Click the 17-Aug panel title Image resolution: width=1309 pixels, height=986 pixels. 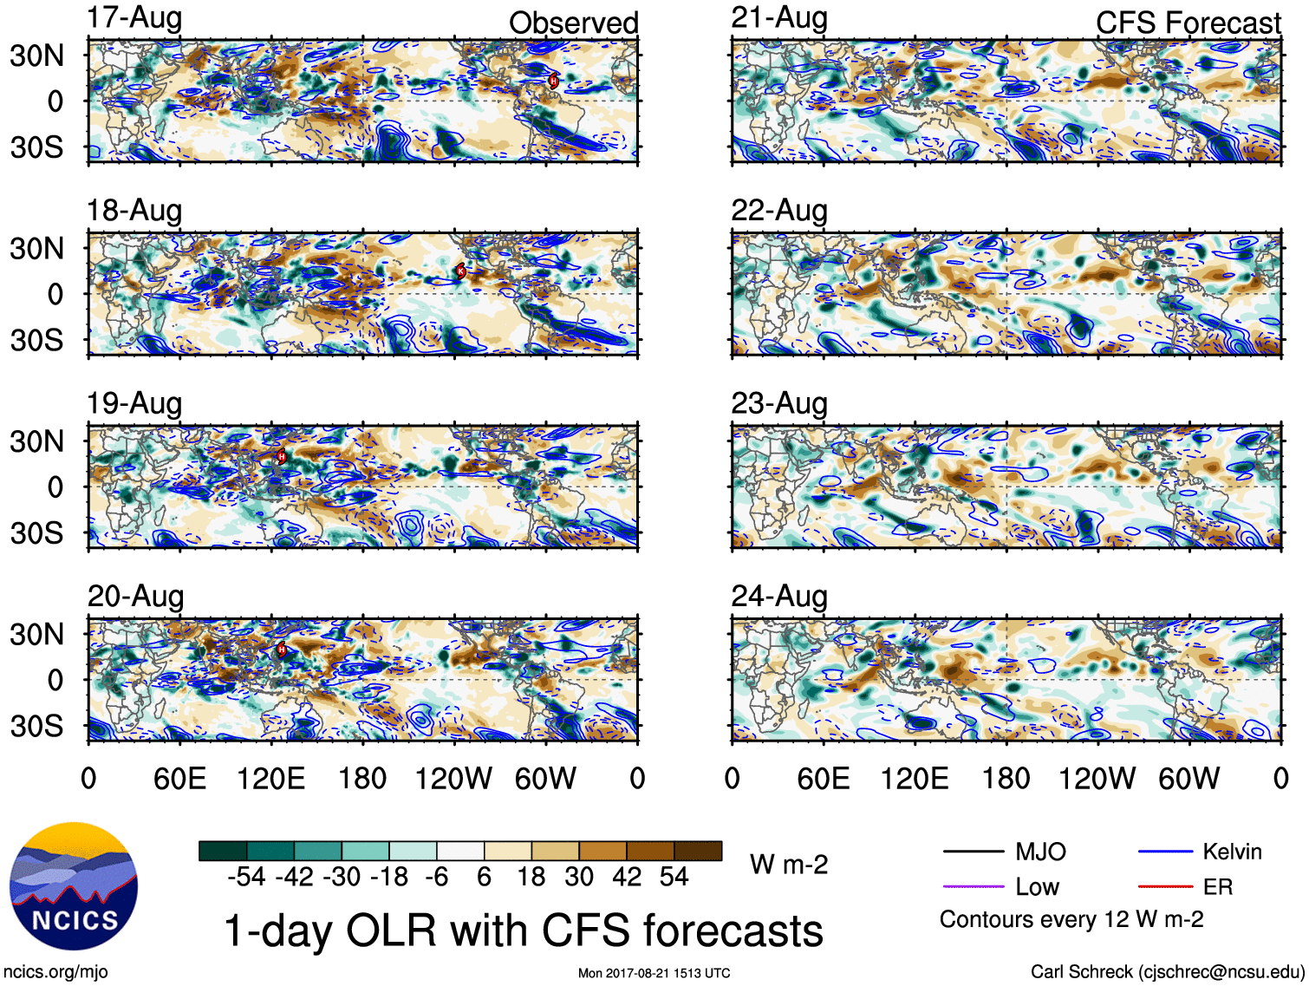tap(134, 18)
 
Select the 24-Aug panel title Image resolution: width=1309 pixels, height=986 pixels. tap(779, 597)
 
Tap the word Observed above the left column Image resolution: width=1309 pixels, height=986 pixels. tap(573, 23)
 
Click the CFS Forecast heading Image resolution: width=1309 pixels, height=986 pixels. tap(1188, 23)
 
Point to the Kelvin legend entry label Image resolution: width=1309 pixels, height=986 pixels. tap(1232, 852)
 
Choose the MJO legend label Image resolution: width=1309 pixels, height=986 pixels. tap(1040, 852)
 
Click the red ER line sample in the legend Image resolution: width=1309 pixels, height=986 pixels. tap(1165, 886)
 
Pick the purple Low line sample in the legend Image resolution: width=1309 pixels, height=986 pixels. tap(973, 886)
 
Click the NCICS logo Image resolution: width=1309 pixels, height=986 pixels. tap(74, 886)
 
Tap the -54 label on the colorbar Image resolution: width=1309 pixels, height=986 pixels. tap(246, 877)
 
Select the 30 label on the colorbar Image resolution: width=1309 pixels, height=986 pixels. tap(579, 877)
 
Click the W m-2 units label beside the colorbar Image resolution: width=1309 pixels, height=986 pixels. tap(789, 865)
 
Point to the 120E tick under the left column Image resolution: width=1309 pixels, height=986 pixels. tap(270, 779)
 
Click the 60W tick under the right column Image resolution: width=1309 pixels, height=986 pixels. tap(1189, 779)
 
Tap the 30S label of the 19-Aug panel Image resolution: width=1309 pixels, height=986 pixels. tap(36, 532)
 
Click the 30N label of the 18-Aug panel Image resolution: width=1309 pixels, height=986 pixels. tap(36, 249)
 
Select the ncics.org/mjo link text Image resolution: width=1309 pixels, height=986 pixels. tap(55, 972)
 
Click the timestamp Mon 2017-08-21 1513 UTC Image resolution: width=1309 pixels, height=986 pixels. tap(654, 973)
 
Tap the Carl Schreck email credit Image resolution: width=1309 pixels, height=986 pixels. tap(1167, 972)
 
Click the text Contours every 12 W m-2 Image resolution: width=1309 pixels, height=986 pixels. tap(1071, 919)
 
